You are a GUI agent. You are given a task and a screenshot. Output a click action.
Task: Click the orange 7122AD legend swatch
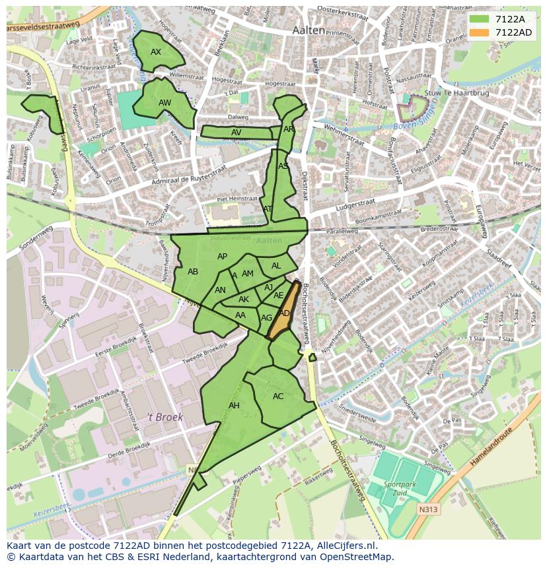480,32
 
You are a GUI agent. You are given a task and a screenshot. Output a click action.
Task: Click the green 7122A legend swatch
480,19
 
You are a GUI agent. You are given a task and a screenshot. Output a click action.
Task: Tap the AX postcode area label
156,51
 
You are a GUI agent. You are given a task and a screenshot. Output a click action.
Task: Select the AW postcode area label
164,103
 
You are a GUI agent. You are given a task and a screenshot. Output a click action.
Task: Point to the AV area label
237,133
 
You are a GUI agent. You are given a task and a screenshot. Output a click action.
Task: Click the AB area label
193,272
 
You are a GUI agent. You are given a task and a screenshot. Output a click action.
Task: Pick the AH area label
234,406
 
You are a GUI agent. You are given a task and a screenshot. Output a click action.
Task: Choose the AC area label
278,396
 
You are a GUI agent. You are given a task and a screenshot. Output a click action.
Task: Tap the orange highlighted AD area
284,313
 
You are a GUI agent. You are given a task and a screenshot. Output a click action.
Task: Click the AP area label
222,257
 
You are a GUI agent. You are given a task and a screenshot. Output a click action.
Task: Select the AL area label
276,266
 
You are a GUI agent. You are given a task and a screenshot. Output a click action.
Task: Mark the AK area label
244,300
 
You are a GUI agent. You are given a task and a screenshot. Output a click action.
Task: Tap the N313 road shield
428,509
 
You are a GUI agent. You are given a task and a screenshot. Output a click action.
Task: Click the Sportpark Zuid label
396,489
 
